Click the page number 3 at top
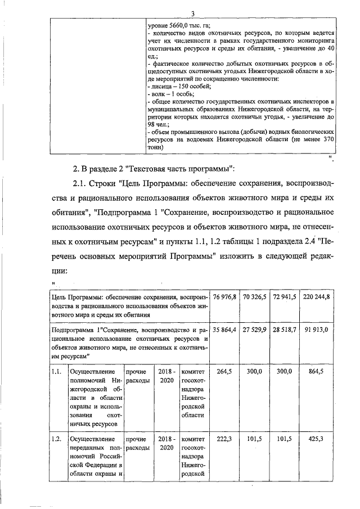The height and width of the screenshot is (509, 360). [x=193, y=13]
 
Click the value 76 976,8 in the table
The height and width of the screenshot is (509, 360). [x=224, y=296]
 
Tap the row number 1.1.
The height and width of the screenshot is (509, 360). [x=56, y=372]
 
